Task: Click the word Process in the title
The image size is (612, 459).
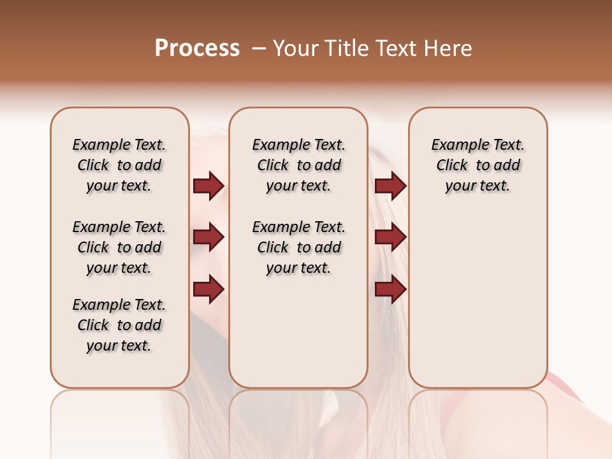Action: [x=197, y=48]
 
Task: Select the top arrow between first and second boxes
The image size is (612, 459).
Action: [x=208, y=186]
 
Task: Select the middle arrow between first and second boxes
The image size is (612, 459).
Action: [x=208, y=238]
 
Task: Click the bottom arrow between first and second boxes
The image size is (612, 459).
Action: [x=208, y=289]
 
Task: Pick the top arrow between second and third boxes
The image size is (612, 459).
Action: [x=390, y=186]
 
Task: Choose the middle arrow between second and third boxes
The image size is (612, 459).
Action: [x=390, y=238]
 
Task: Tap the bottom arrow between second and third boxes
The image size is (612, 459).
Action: [x=390, y=289]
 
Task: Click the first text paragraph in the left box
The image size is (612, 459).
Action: [x=119, y=165]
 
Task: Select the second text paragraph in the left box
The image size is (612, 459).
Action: [x=119, y=247]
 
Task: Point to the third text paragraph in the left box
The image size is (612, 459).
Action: [x=119, y=325]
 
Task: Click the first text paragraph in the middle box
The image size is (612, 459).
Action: [x=298, y=165]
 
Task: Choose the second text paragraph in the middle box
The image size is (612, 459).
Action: [x=298, y=247]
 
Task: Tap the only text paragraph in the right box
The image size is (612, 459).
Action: [x=477, y=165]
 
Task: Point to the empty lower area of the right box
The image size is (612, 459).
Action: [x=477, y=306]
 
